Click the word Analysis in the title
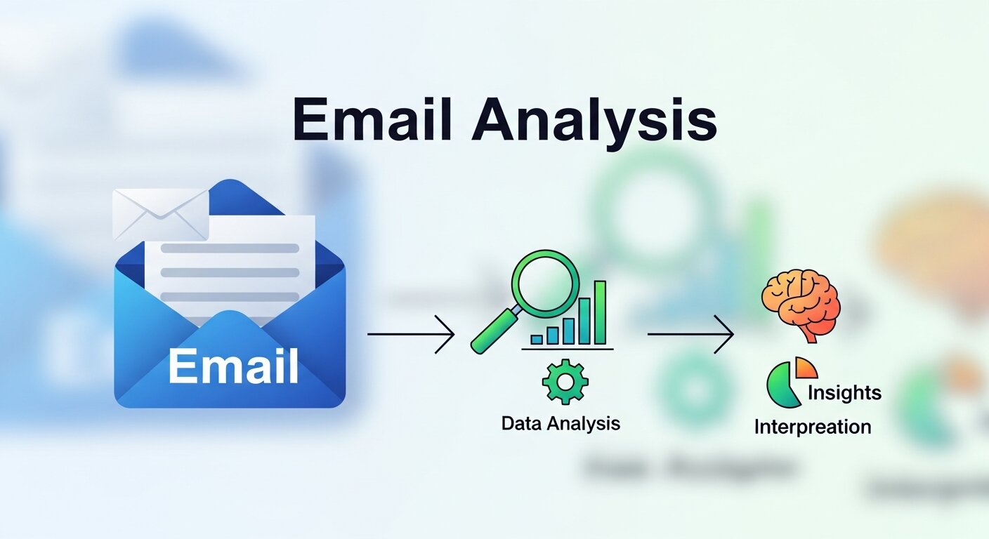594,124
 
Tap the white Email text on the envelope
233,366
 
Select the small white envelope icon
161,213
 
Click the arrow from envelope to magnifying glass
410,334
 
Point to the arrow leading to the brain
690,334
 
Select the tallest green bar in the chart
599,312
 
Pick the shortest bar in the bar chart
537,339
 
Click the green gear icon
565,381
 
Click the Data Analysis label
561,423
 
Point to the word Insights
844,392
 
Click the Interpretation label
812,426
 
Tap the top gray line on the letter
230,248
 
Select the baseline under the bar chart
568,349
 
